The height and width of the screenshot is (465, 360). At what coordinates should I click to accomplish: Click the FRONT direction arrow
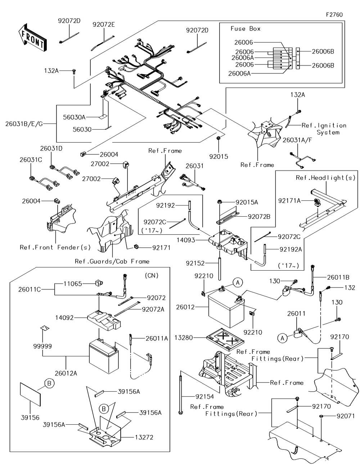point(32,38)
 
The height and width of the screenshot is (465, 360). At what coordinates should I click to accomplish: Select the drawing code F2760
point(334,15)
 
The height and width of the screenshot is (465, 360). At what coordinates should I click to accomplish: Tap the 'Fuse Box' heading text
point(246,29)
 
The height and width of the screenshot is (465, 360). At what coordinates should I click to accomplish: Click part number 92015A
point(247,202)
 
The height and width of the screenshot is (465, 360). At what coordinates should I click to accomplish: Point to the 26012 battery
point(226,307)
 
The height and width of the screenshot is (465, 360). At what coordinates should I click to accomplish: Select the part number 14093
point(186,240)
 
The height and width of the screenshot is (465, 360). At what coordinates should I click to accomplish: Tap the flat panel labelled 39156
point(30,394)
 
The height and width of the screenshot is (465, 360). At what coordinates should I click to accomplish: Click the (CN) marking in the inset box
point(152,275)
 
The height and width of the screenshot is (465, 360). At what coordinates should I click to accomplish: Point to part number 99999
point(42,346)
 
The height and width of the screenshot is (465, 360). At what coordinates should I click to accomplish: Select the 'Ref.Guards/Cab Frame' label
point(112,262)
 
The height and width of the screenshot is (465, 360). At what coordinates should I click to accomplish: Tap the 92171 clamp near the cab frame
point(136,247)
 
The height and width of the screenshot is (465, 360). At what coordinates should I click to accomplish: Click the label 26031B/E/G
point(24,124)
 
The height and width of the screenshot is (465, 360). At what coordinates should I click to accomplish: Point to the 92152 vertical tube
point(220,269)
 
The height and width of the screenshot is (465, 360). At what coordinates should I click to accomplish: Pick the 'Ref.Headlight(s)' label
point(325,177)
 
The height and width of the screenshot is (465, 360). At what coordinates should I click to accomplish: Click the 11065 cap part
point(99,283)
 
